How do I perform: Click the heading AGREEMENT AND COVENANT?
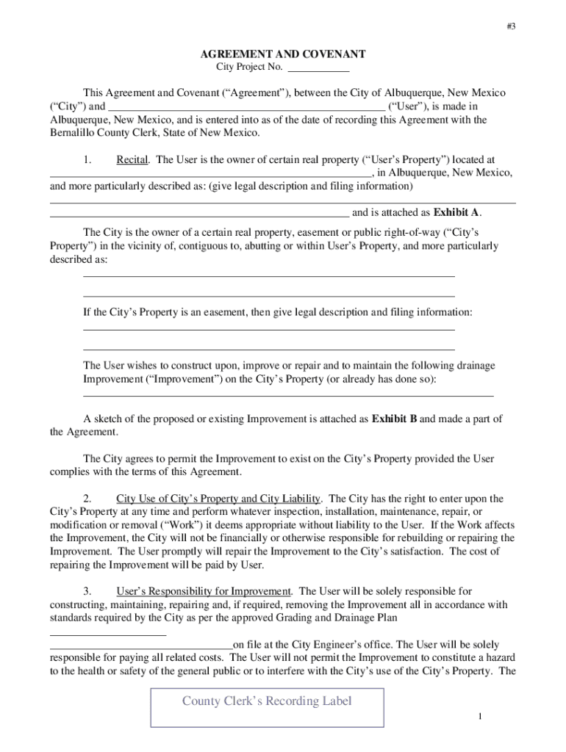point(283,55)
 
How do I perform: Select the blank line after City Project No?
point(318,70)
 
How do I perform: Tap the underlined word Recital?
point(132,159)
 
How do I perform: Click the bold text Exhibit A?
point(456,213)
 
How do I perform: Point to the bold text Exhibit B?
point(395,419)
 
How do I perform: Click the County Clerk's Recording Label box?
point(267,701)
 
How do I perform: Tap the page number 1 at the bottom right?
point(479,716)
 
